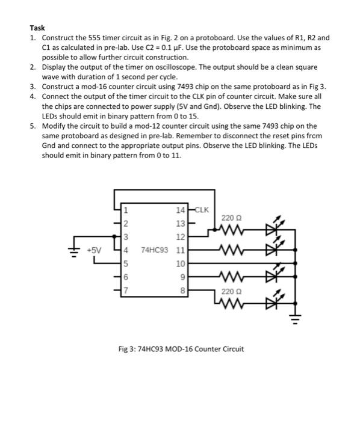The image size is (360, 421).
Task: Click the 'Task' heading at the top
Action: tap(37, 28)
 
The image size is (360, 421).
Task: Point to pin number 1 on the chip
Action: tap(126, 210)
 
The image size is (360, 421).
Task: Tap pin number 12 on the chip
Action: tap(181, 236)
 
